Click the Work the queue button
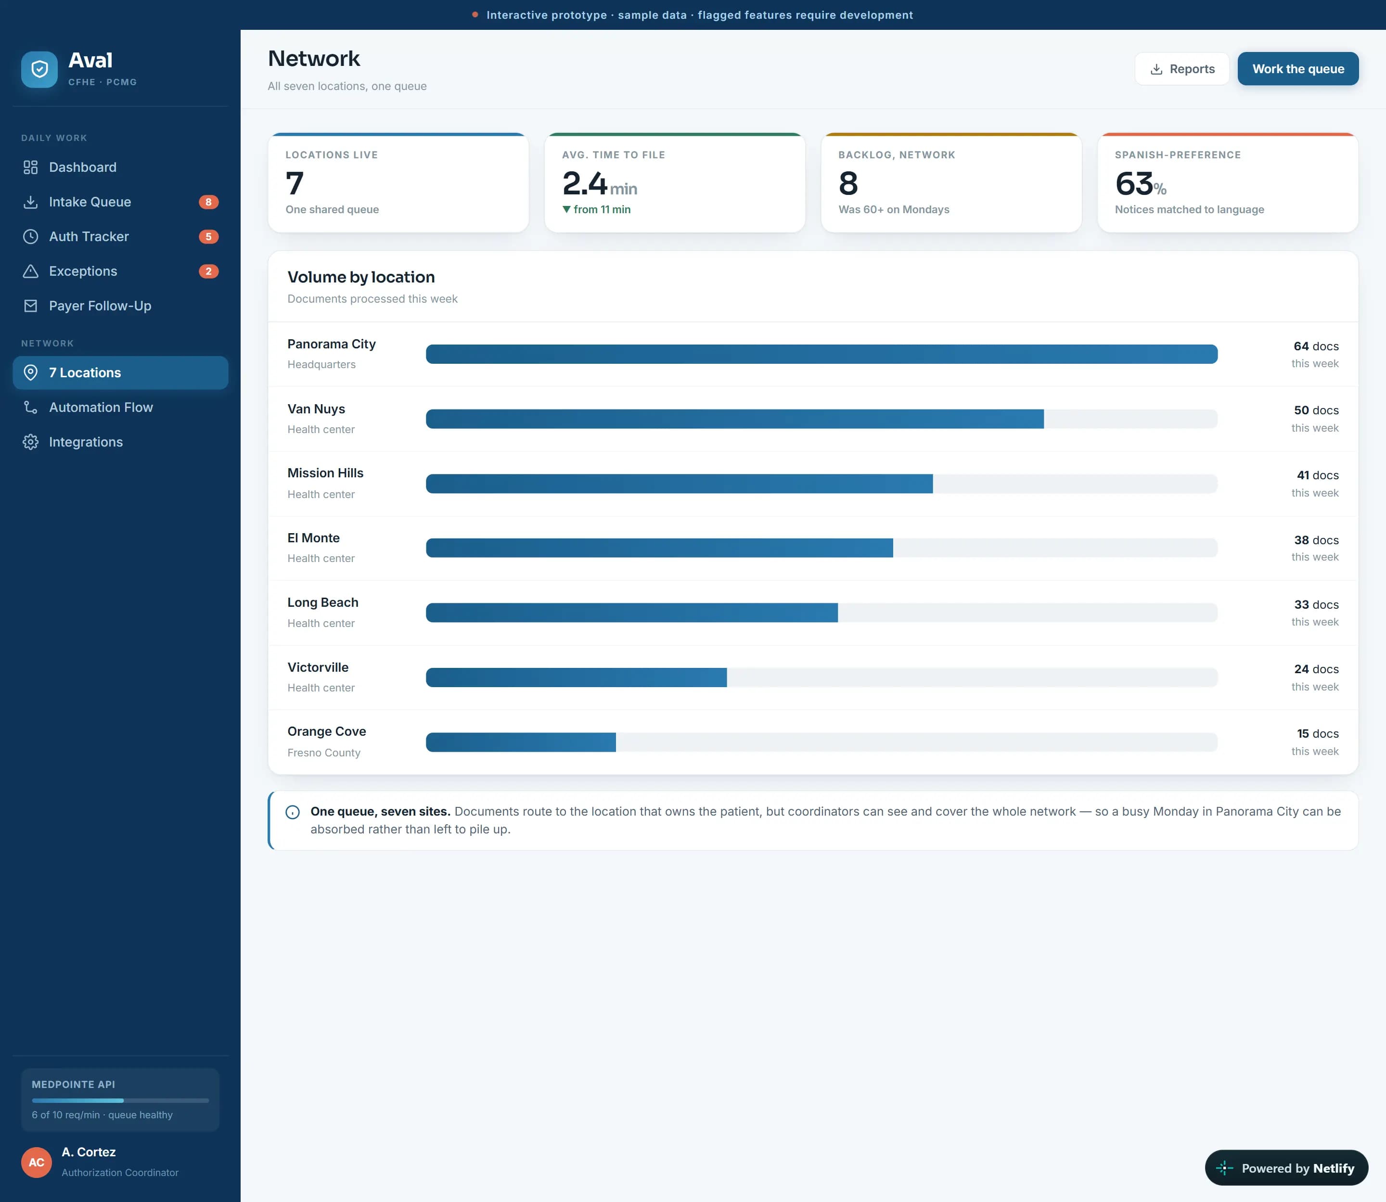(1297, 68)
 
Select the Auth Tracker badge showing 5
(209, 237)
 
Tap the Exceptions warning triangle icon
(30, 271)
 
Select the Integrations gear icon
(30, 442)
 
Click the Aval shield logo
(39, 69)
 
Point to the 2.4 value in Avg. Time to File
(584, 183)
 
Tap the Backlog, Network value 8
(848, 183)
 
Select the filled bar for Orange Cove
(521, 742)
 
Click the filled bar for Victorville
(576, 678)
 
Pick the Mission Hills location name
(325, 473)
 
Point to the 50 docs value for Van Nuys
(1316, 410)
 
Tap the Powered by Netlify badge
(1286, 1168)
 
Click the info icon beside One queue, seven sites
(293, 812)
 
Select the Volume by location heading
(361, 277)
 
